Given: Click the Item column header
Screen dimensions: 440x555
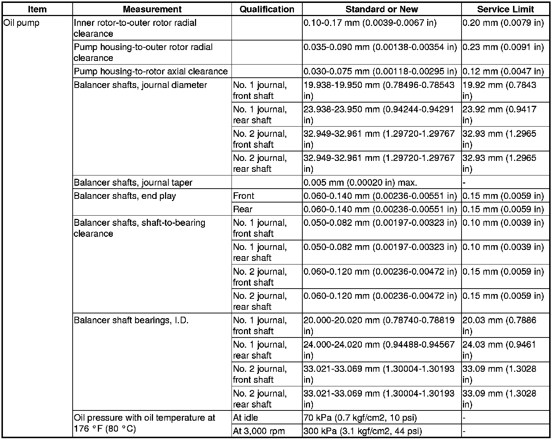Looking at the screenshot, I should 37,9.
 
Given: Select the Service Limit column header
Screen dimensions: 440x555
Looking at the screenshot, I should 505,9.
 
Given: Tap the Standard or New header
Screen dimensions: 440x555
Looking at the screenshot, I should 382,9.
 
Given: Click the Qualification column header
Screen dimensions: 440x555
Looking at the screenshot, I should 267,9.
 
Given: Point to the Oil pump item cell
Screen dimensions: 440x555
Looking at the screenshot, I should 22,23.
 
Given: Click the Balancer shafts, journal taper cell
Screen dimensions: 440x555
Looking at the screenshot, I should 133,182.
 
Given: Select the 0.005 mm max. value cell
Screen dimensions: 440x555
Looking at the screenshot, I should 360,182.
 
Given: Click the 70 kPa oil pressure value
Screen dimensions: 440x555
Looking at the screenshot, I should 360,418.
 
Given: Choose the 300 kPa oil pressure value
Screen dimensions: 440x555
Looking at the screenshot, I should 363,431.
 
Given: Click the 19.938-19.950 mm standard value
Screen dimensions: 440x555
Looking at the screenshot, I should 379,90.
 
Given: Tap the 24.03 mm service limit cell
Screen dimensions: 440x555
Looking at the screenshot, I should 499,350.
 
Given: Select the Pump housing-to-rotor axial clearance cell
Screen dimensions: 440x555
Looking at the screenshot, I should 151,71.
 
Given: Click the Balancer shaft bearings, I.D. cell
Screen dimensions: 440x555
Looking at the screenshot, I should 131,320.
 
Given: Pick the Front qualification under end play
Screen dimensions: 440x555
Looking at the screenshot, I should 244,196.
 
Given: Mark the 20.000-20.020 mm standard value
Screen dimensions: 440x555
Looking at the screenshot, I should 379,325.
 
